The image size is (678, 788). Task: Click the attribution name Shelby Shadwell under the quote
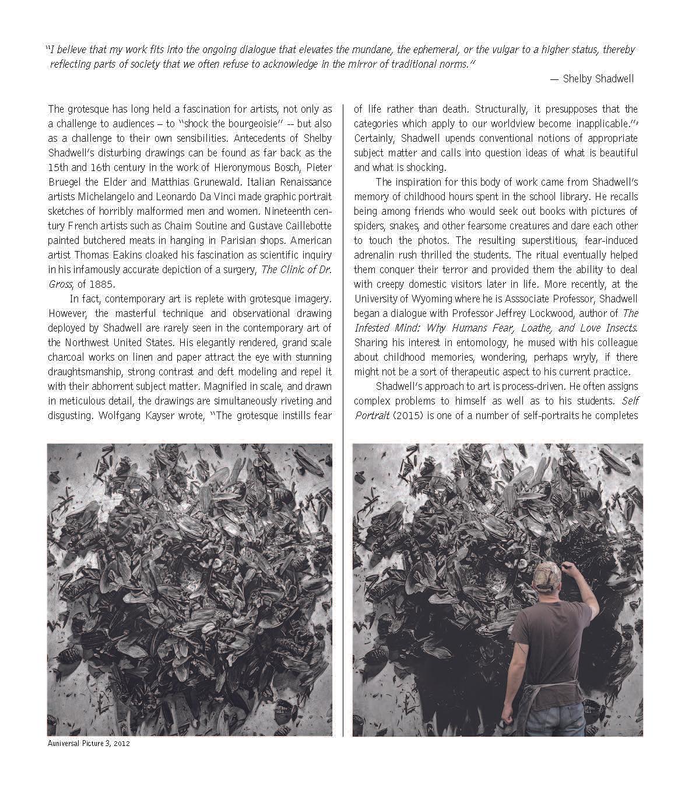click(598, 79)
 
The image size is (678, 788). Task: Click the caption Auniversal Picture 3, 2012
click(89, 744)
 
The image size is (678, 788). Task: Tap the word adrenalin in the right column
click(377, 255)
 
